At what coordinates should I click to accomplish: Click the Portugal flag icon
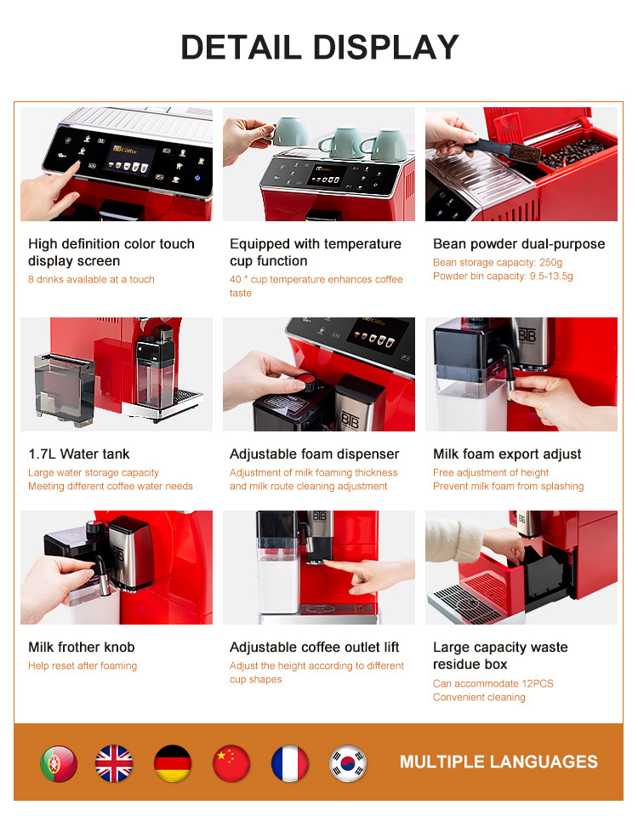point(59,763)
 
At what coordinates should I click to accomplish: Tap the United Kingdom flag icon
point(114,763)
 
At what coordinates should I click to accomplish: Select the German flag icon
point(173,763)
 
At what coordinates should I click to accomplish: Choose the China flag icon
point(231,763)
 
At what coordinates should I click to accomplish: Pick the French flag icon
point(289,763)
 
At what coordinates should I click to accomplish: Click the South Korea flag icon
point(348,763)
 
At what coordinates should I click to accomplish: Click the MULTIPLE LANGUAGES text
point(498,762)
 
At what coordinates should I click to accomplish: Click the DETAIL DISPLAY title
point(319,47)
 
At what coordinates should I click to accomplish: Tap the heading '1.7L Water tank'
point(79,454)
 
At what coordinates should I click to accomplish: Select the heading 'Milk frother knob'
point(82,648)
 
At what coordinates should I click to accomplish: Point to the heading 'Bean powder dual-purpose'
point(519,244)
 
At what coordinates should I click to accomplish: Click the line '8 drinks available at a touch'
point(91,279)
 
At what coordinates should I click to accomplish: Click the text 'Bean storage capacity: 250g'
point(498,262)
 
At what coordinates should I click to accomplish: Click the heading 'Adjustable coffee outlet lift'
point(315,648)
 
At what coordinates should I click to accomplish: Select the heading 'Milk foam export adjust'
point(507,454)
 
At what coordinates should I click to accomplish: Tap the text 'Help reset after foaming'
point(83,665)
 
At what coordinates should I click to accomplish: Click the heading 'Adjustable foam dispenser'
point(314,454)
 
